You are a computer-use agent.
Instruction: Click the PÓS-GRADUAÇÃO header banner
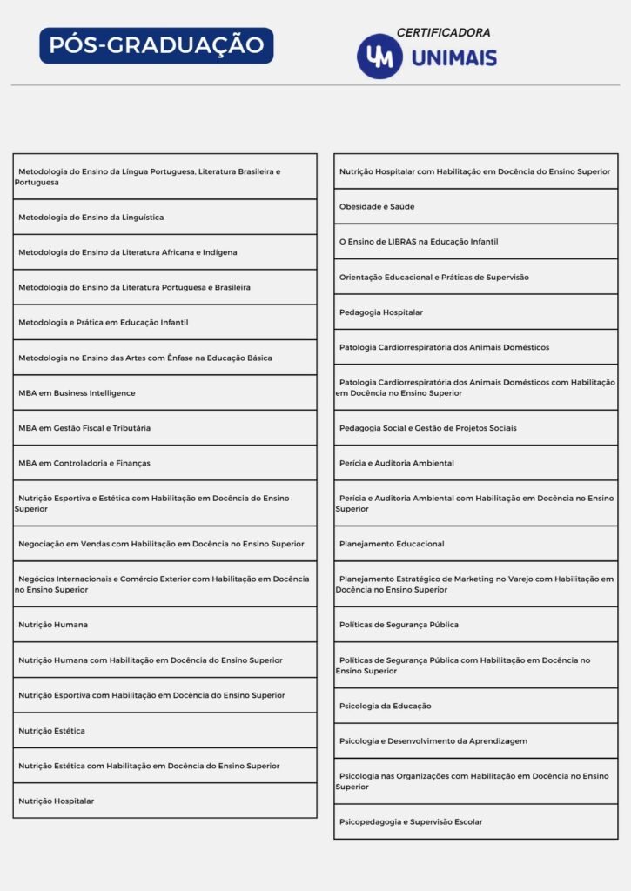[x=156, y=45]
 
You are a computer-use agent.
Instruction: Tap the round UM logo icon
[x=379, y=57]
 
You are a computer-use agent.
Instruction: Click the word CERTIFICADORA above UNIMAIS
[x=443, y=33]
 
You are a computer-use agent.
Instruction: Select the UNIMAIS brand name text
[x=454, y=58]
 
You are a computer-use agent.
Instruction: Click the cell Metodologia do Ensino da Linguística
[x=91, y=218]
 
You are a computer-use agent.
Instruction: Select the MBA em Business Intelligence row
[x=77, y=393]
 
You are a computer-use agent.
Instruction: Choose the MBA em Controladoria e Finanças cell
[x=84, y=463]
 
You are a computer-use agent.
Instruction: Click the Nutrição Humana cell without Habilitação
[x=53, y=625]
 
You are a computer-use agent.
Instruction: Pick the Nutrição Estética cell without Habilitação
[x=51, y=731]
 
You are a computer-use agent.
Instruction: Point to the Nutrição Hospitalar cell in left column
[x=56, y=801]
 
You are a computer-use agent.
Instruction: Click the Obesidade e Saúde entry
[x=377, y=207]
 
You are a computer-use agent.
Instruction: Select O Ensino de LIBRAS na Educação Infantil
[x=419, y=242]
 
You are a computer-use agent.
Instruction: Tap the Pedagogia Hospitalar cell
[x=381, y=312]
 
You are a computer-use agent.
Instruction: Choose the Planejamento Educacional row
[x=392, y=544]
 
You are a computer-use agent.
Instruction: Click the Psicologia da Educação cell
[x=386, y=706]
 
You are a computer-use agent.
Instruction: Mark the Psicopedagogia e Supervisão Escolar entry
[x=411, y=821]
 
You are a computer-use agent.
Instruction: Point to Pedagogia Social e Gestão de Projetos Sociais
[x=427, y=428]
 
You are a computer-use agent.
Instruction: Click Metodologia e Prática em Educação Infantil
[x=104, y=323]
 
